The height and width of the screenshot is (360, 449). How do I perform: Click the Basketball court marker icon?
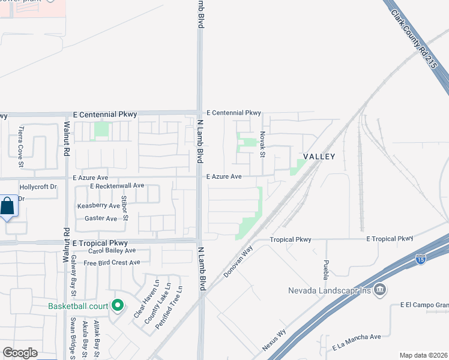[118, 306]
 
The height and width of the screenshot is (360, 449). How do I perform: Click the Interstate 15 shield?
[421, 259]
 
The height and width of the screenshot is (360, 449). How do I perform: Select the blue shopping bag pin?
[8, 207]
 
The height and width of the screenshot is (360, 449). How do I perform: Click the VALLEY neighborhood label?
[318, 156]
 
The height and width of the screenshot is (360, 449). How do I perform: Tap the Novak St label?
[262, 145]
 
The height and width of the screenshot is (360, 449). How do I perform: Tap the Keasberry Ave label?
[98, 206]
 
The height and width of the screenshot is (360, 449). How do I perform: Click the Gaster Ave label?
[101, 218]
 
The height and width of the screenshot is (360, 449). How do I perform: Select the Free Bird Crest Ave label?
[112, 262]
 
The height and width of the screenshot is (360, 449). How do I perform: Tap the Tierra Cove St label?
[20, 147]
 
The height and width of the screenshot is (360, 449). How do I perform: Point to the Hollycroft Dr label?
[38, 187]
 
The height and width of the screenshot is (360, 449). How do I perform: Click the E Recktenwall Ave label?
[117, 186]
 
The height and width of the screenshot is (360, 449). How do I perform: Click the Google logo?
[20, 353]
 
